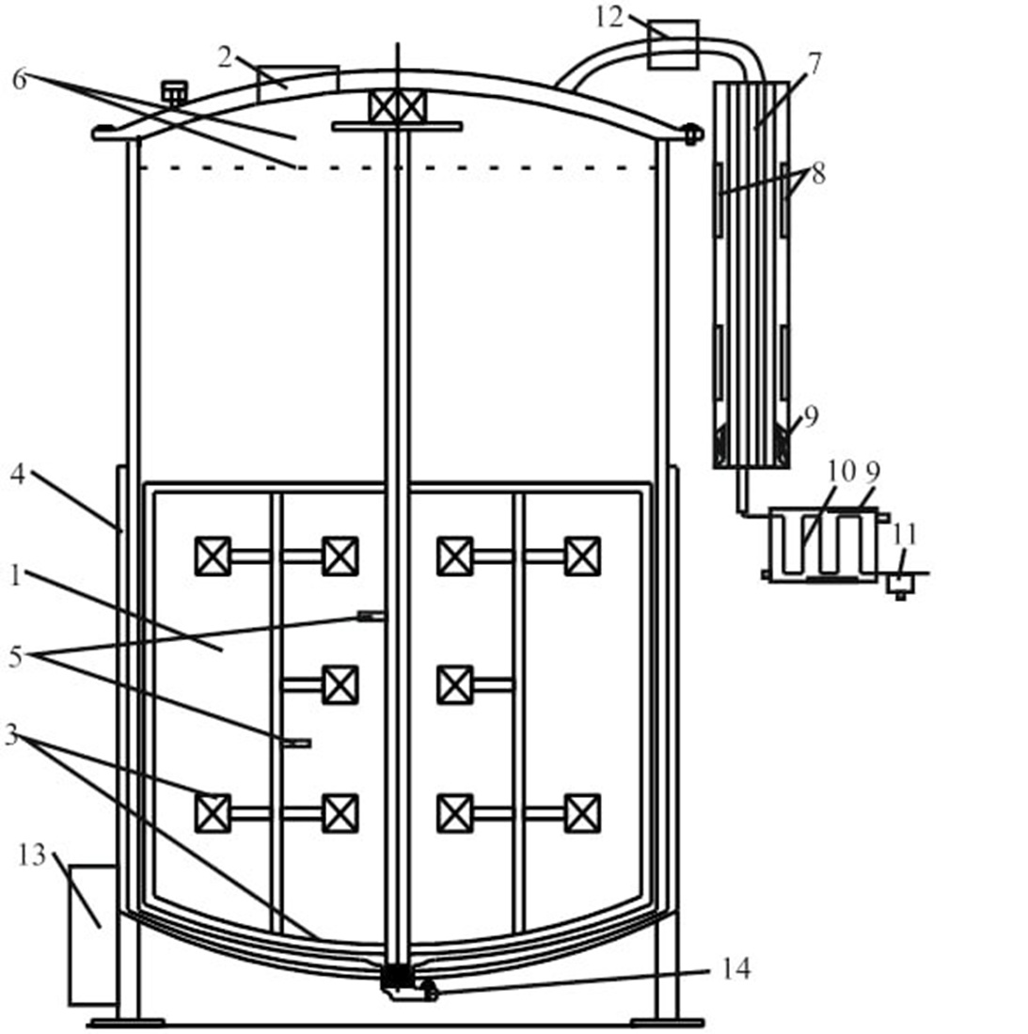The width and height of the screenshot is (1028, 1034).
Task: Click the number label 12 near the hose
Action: (609, 16)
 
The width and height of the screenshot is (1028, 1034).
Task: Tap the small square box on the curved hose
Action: (672, 44)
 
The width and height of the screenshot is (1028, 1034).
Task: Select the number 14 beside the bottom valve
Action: (736, 968)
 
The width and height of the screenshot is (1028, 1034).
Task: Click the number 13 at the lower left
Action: (32, 855)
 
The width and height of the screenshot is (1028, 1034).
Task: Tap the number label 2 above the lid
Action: (225, 57)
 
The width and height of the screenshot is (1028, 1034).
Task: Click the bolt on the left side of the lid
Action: (174, 92)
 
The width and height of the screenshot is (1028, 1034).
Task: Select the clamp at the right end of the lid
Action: (693, 134)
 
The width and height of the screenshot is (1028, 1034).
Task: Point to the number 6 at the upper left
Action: (19, 80)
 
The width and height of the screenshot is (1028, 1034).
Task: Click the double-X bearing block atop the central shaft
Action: (397, 106)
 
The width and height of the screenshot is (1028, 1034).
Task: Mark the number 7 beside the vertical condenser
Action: (814, 64)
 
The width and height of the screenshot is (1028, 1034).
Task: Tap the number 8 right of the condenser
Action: (817, 174)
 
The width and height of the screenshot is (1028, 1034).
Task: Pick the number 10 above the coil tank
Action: (842, 470)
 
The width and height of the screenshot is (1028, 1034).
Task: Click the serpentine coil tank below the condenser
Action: (824, 544)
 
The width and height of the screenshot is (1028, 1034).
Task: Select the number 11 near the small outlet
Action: (904, 534)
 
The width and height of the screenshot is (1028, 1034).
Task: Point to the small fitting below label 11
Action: (900, 585)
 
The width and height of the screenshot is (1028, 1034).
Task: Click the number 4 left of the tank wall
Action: (17, 475)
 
